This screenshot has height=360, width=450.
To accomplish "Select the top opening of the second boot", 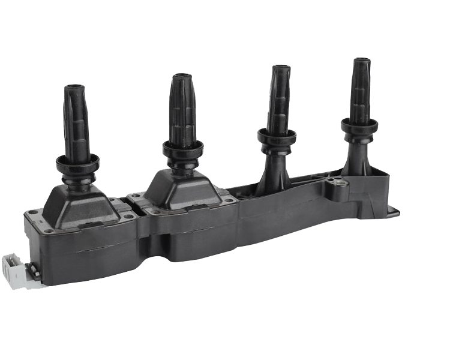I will (182, 77).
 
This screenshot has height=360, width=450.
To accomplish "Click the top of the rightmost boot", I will (361, 61).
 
